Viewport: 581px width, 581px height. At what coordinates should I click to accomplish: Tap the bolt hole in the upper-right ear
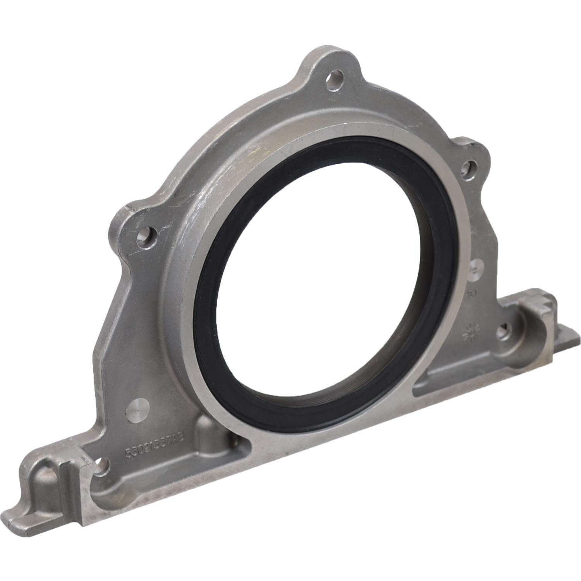469,167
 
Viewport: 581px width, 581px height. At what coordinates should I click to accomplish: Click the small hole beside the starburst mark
502,330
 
